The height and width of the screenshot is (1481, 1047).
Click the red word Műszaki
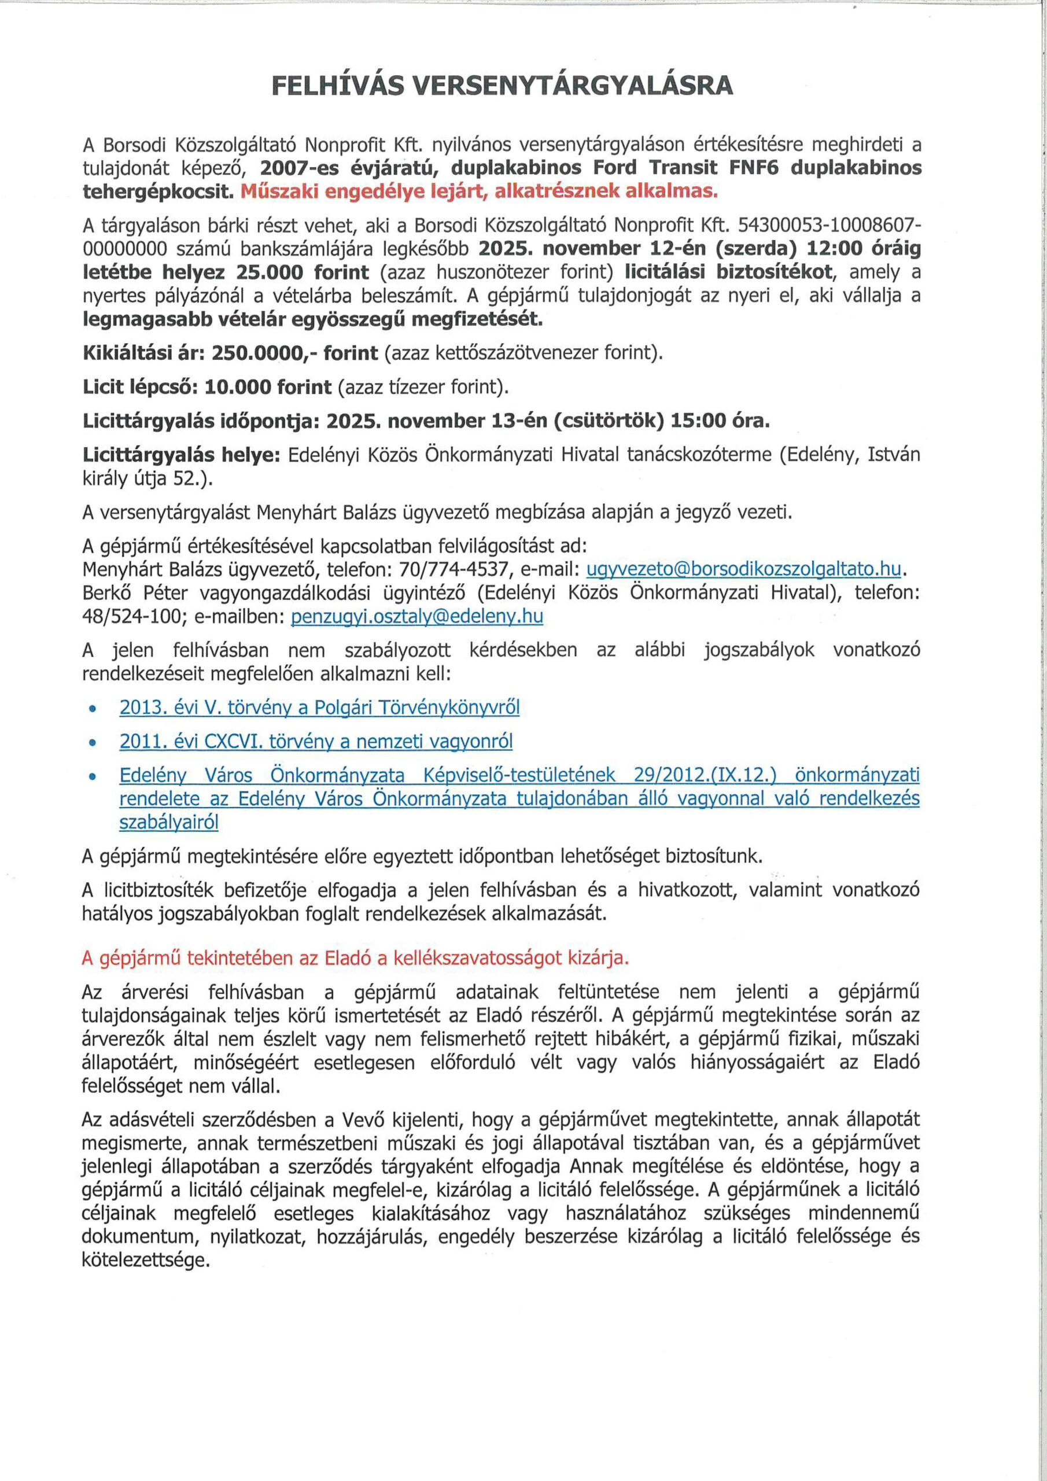pyautogui.click(x=281, y=191)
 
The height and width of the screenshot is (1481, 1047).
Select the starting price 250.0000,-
pyautogui.click(x=264, y=353)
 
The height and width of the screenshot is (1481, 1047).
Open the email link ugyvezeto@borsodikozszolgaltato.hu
pyautogui.click(x=743, y=569)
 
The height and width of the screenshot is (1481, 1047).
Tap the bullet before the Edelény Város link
pyautogui.click(x=93, y=776)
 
